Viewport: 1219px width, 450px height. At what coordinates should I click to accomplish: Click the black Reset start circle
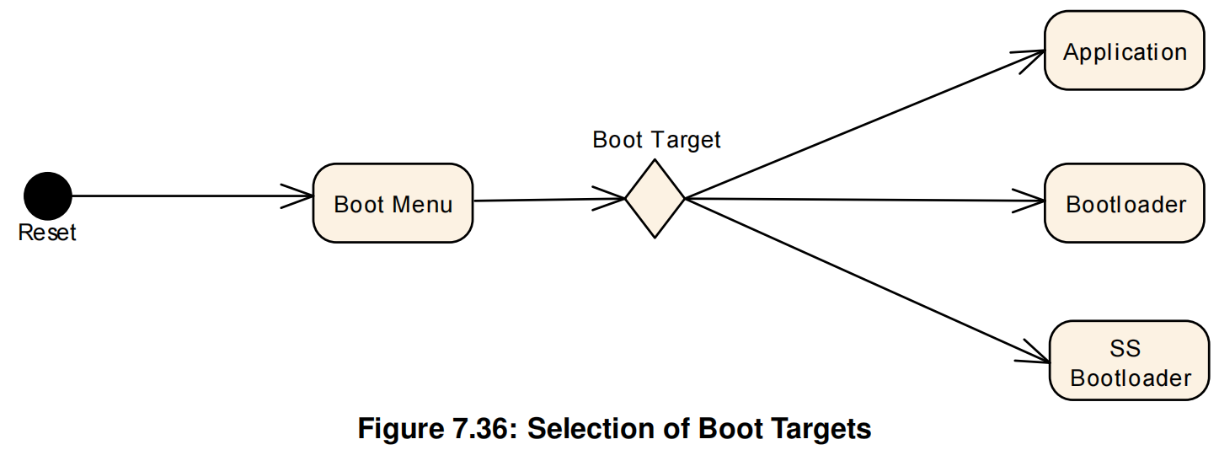tap(48, 196)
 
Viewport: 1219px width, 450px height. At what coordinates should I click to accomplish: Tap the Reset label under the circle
tap(47, 233)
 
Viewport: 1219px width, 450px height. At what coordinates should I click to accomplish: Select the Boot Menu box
tap(393, 203)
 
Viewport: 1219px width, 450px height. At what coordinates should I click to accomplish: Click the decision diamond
tap(655, 199)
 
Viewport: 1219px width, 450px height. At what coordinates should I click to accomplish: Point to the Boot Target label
tap(656, 140)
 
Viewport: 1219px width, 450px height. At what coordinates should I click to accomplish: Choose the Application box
tap(1124, 52)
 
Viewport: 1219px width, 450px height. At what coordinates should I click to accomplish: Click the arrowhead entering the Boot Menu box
tap(299, 196)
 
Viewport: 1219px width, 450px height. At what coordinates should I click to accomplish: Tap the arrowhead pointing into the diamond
tap(612, 199)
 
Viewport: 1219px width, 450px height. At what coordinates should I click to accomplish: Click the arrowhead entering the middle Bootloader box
tap(1030, 201)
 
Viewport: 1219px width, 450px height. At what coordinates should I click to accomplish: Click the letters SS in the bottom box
tap(1125, 348)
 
